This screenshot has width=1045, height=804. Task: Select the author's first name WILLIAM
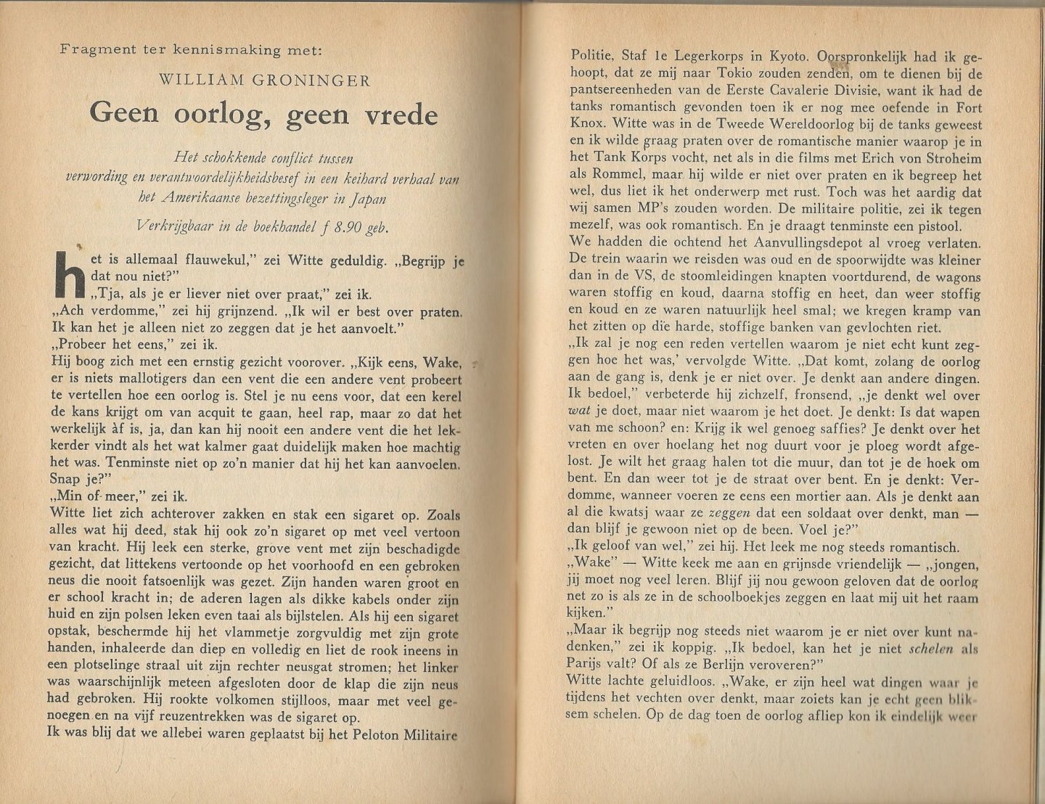tap(201, 81)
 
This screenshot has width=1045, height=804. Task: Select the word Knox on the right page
tap(587, 124)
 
